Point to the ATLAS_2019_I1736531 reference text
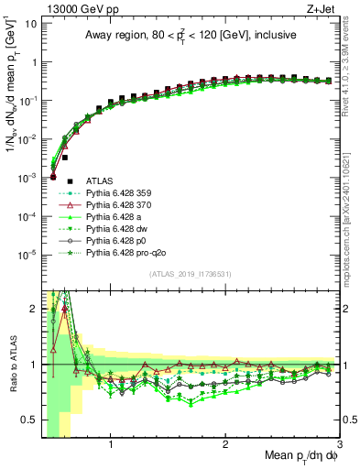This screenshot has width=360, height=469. coord(190,274)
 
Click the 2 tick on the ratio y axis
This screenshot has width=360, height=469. coord(33,309)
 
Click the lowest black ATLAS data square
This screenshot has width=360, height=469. coord(53,177)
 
